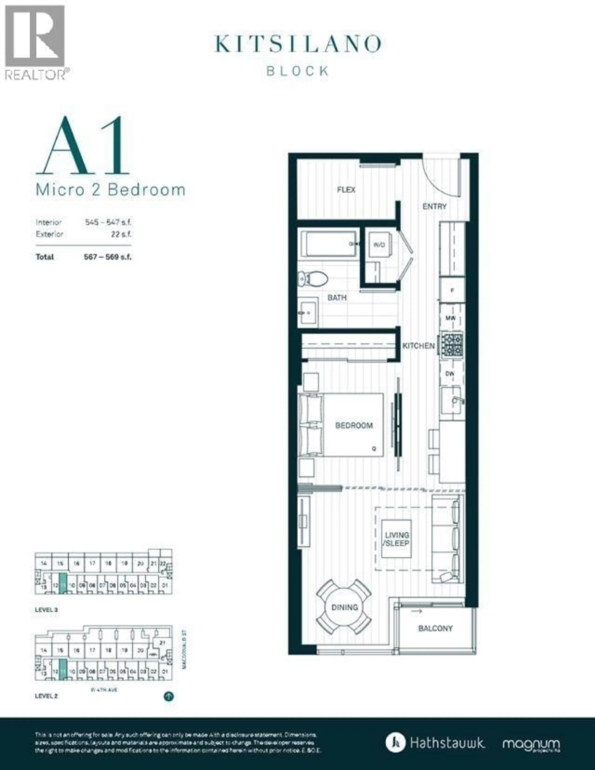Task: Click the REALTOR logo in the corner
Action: (35, 42)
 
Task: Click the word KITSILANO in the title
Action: (298, 44)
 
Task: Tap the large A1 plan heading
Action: (83, 146)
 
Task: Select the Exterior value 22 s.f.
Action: (121, 234)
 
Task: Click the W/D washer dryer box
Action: (379, 245)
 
